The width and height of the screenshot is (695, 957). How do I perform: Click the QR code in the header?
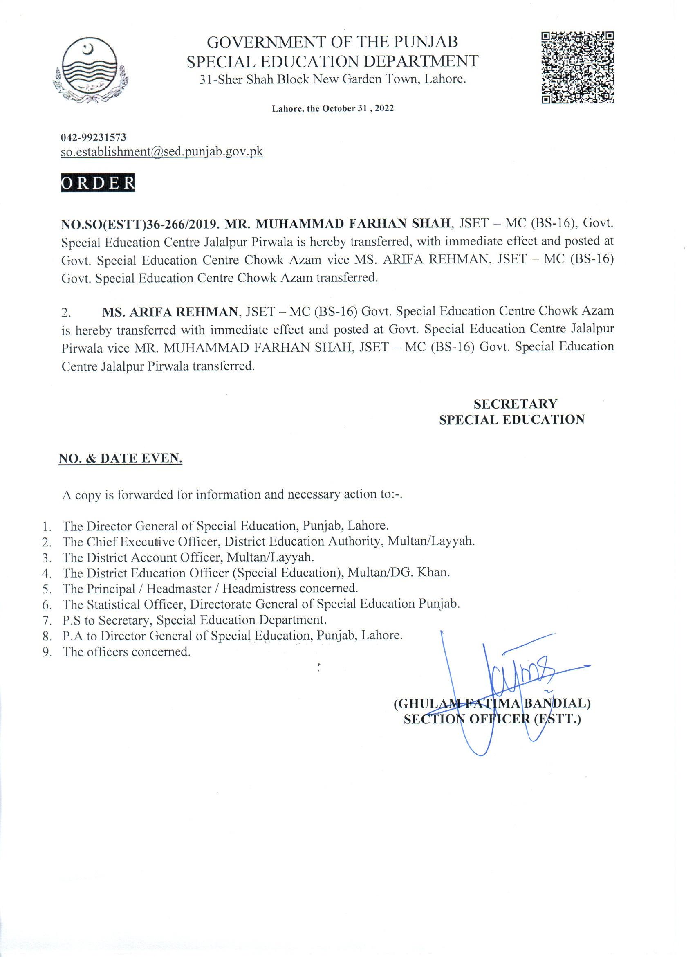click(577, 67)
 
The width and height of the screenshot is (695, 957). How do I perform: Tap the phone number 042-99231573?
click(94, 137)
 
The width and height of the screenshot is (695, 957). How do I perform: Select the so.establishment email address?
click(162, 152)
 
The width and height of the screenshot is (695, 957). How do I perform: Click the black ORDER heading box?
click(98, 183)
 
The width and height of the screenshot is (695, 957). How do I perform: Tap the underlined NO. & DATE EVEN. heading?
click(120, 460)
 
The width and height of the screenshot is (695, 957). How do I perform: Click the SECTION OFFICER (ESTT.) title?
click(492, 719)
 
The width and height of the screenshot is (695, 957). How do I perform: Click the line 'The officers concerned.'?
click(126, 652)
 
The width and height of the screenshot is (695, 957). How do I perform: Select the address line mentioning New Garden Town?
click(333, 79)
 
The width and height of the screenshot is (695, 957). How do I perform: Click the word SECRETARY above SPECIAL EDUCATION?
click(515, 404)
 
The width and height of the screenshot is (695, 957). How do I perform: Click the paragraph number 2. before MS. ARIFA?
click(66, 313)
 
